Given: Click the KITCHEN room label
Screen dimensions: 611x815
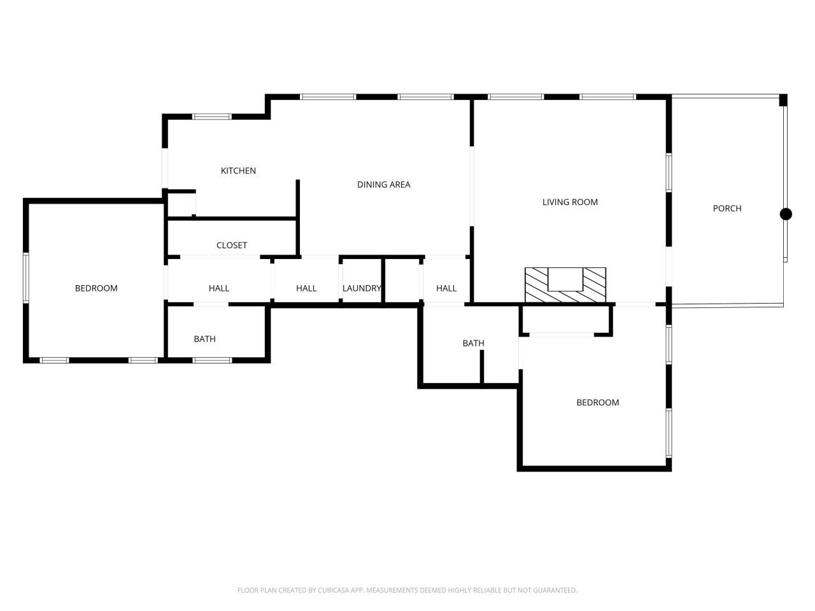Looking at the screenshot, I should point(238,171).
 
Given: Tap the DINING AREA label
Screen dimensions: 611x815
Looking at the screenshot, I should point(383,185).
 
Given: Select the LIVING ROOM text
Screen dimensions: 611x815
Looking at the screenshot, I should point(570,202).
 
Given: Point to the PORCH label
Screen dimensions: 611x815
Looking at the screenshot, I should point(726,208).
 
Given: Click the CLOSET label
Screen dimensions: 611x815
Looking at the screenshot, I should point(231,245).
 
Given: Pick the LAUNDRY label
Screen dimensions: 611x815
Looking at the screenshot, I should point(361,288).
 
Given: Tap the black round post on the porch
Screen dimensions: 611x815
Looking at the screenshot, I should point(786,214).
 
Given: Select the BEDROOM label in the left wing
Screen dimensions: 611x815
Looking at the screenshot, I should point(96,288).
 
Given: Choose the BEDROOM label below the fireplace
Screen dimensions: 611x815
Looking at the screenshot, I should point(597,402).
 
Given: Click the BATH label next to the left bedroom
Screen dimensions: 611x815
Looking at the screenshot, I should point(204,339).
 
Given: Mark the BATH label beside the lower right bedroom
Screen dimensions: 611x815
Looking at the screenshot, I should point(473,344).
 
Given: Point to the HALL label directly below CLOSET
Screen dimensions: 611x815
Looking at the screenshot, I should point(218,288).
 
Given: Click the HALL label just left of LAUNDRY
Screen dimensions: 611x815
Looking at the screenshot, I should point(306,288).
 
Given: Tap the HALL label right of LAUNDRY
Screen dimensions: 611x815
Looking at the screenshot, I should point(446,288).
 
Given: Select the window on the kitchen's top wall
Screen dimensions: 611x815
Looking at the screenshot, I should point(212,116).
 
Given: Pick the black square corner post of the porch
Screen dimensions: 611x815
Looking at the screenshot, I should point(783,100).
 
